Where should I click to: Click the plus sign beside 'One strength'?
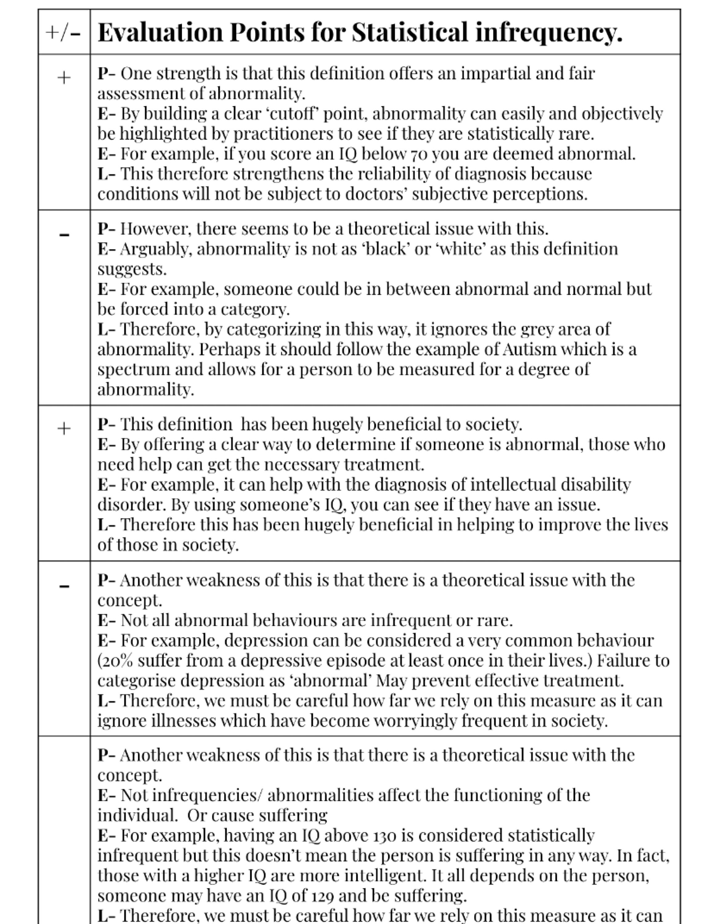pos(64,78)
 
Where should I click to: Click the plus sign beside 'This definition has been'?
pos(64,429)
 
